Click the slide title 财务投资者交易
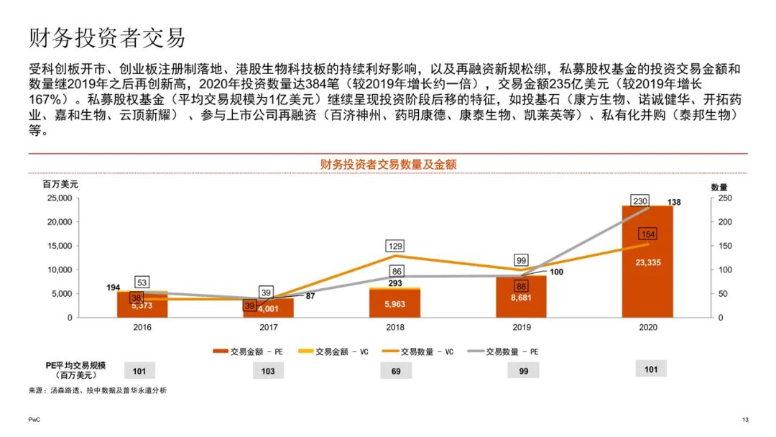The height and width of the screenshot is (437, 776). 107,37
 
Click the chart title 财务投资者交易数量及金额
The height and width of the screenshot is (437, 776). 388,165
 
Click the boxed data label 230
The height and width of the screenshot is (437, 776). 641,201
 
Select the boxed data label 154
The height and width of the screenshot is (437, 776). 647,235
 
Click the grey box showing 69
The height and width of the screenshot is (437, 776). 396,370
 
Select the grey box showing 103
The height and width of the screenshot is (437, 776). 269,370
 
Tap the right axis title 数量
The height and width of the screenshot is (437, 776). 719,187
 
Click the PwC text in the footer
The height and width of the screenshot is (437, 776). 34,420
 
